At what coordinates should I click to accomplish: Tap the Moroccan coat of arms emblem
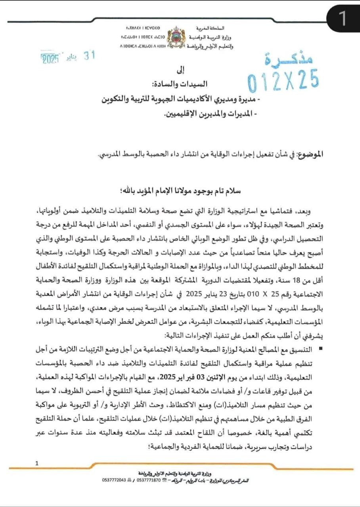(x=174, y=38)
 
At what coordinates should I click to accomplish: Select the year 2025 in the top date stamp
(x=50, y=60)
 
